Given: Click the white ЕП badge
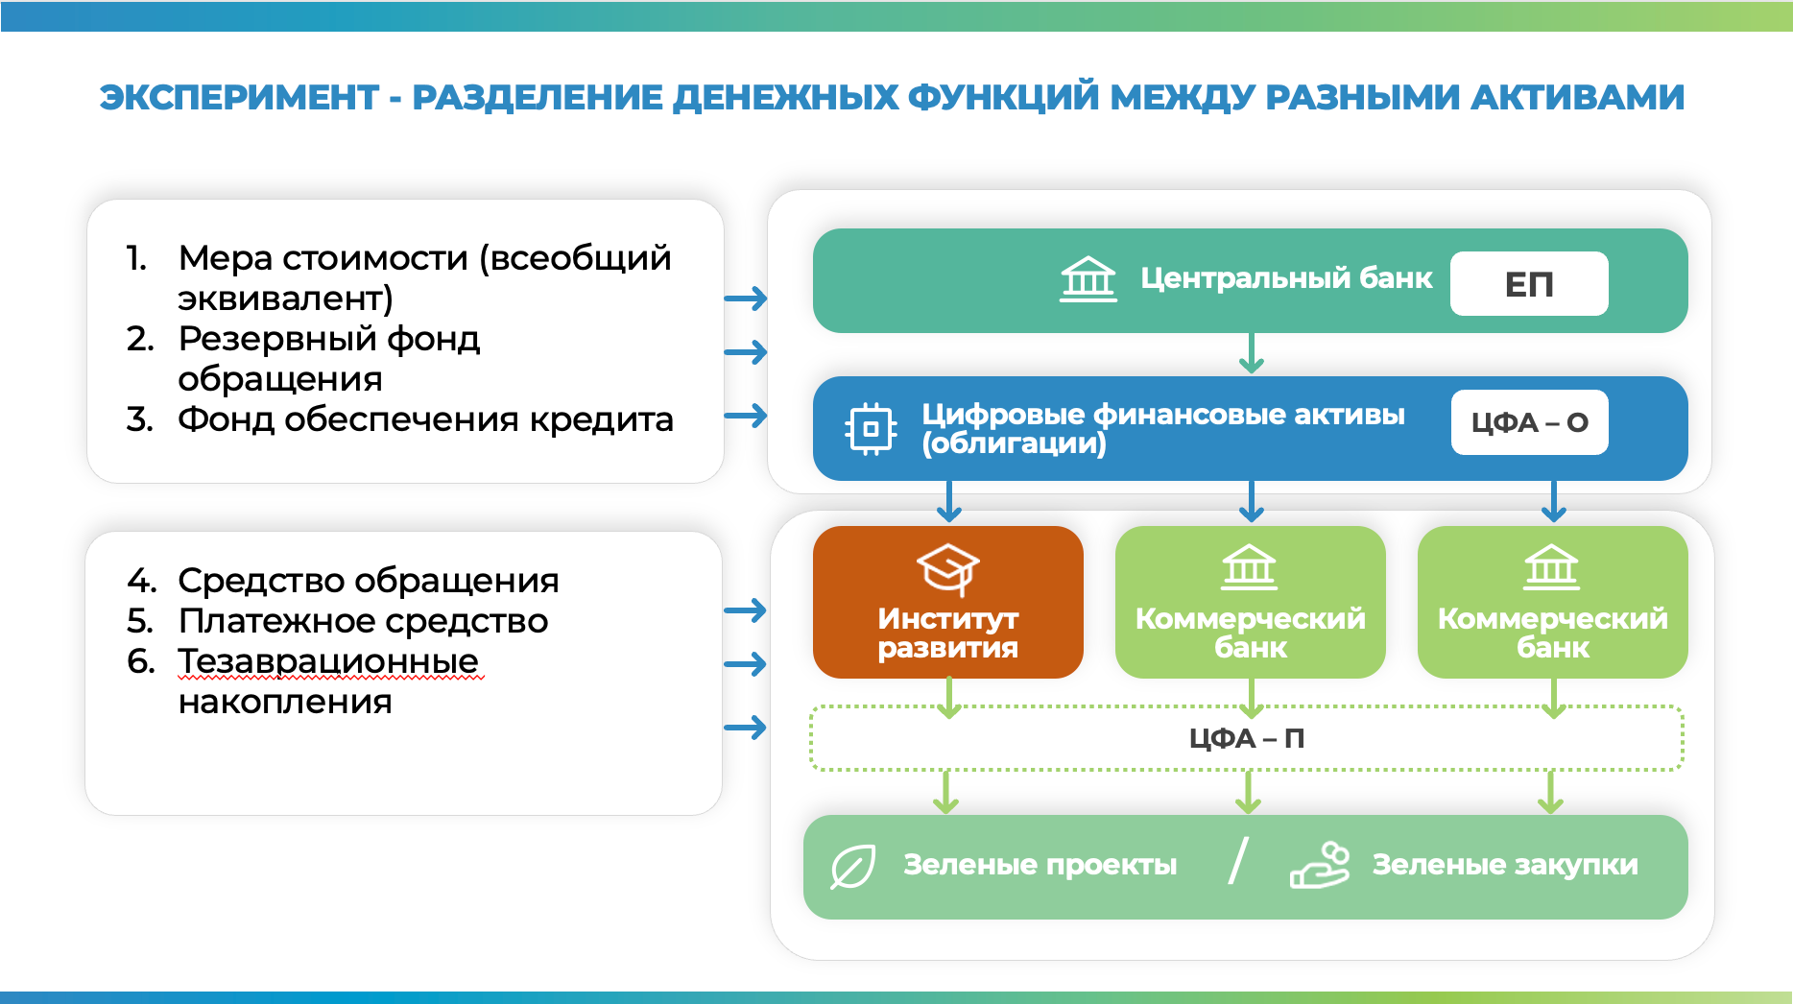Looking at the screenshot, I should pyautogui.click(x=1528, y=284).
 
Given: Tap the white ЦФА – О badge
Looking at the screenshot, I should pyautogui.click(x=1529, y=422).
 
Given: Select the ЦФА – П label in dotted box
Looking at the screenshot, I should pyautogui.click(x=1246, y=738).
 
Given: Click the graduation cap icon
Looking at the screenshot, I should pyautogui.click(x=947, y=568).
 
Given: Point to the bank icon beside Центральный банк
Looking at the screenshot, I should pyautogui.click(x=1088, y=279).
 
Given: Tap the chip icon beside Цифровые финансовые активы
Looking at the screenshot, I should pyautogui.click(x=871, y=429).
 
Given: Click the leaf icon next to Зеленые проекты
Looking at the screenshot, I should pyautogui.click(x=852, y=867).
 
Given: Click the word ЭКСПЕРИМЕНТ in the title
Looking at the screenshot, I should pyautogui.click(x=239, y=98).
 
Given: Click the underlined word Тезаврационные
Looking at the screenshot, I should pyautogui.click(x=328, y=661).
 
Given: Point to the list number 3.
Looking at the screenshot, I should pyautogui.click(x=139, y=419).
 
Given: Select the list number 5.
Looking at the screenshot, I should pyautogui.click(x=139, y=621).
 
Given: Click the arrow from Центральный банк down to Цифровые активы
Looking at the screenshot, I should pyautogui.click(x=1251, y=353).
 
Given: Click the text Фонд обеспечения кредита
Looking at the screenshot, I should pyautogui.click(x=425, y=419).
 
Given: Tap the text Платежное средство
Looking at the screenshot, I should pyautogui.click(x=363, y=621).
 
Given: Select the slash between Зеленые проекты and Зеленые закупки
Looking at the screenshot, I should pyautogui.click(x=1238, y=861).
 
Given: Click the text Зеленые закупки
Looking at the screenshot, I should pyautogui.click(x=1504, y=865).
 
